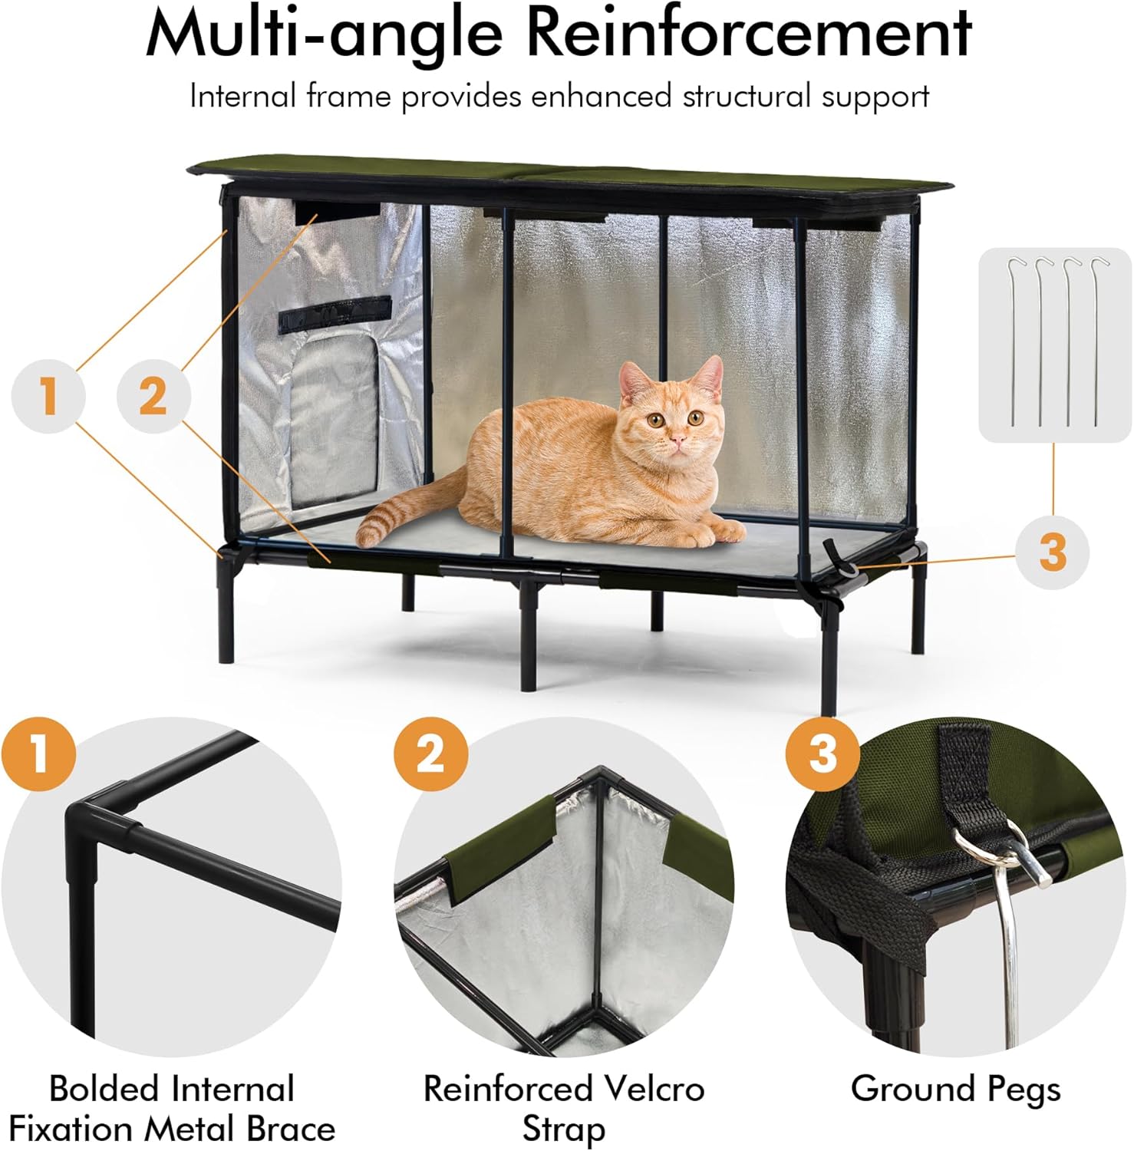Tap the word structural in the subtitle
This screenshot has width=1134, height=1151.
click(747, 97)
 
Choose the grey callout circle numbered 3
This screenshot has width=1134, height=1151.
click(1052, 551)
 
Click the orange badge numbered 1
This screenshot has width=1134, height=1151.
click(39, 753)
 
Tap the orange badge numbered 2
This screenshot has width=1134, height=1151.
click(430, 753)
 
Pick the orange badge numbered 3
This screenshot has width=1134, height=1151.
click(822, 753)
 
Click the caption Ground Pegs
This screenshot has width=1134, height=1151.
click(955, 1088)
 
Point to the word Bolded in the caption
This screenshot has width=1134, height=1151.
click(104, 1088)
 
